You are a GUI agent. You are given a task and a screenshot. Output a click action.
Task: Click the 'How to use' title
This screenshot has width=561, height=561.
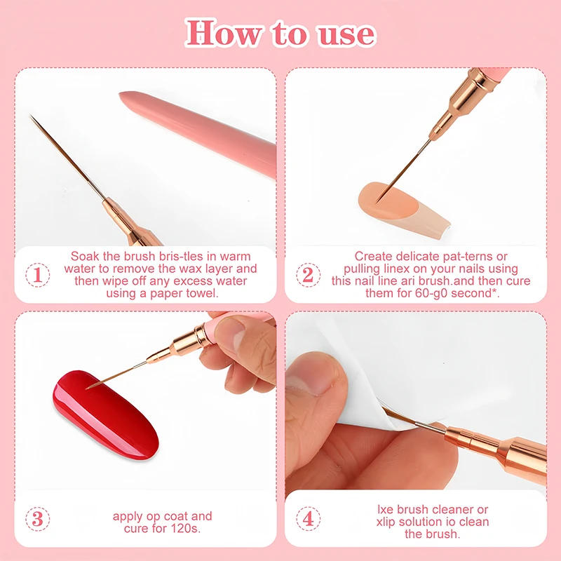pyautogui.click(x=280, y=32)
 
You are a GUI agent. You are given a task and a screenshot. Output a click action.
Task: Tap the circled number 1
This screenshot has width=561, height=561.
pyautogui.click(x=36, y=274)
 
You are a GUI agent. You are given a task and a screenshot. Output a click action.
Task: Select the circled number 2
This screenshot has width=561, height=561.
pyautogui.click(x=307, y=274)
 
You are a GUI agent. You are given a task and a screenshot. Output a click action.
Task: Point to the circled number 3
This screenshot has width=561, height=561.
pyautogui.click(x=36, y=520)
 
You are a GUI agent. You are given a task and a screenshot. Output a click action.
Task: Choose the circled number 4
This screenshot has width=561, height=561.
pyautogui.click(x=307, y=520)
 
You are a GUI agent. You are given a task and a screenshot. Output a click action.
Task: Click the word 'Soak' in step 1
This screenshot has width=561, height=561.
pyautogui.click(x=85, y=257)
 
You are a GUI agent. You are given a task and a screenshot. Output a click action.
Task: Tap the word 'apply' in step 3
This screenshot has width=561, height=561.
pyautogui.click(x=128, y=517)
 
